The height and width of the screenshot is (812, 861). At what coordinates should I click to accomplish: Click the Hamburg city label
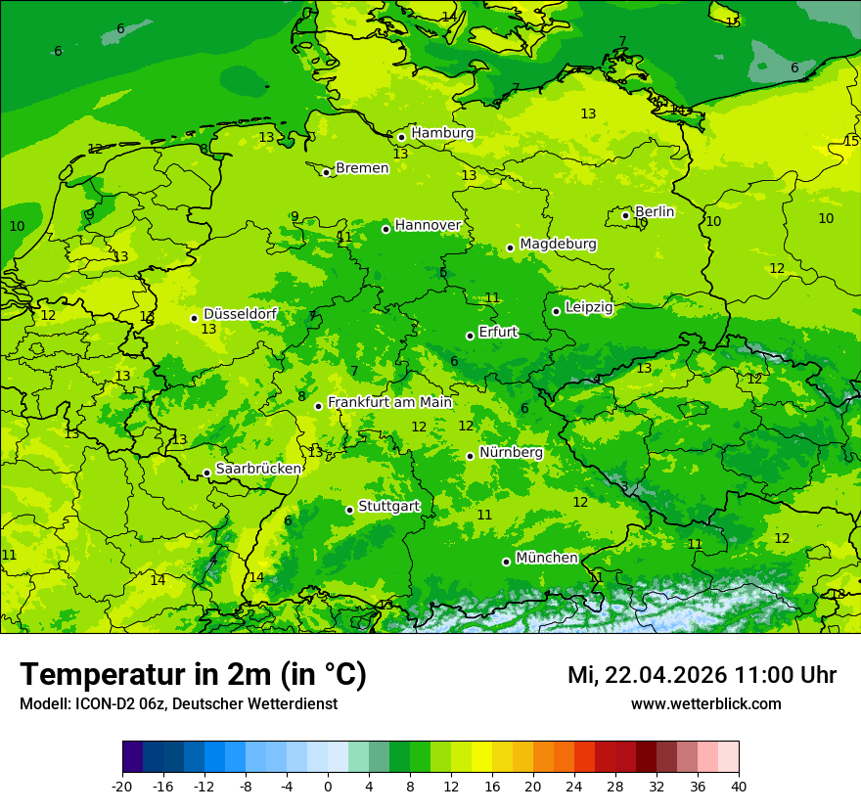coord(442,133)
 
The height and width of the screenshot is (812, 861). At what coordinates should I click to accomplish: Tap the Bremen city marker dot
coord(327,172)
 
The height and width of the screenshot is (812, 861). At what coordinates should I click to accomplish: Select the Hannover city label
coord(428,225)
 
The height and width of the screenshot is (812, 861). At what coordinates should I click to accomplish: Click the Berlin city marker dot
coord(626,215)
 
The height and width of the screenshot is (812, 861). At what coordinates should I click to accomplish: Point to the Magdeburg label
coord(558,244)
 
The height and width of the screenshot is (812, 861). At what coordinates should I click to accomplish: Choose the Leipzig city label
coord(589,307)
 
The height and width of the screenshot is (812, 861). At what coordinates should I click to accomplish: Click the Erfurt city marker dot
coord(471,336)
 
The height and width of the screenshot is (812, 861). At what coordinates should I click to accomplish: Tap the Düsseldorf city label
coord(240,314)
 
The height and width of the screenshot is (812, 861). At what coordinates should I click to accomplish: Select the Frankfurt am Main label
coord(389,402)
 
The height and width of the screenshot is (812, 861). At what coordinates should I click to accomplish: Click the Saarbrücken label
coord(258,469)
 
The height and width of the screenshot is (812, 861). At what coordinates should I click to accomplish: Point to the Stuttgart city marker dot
coord(349,510)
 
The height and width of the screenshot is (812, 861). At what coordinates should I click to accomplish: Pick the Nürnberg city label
coord(511,453)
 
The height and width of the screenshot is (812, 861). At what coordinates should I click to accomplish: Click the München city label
coord(546,558)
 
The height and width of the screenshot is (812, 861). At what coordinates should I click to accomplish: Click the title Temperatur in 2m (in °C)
coord(193,674)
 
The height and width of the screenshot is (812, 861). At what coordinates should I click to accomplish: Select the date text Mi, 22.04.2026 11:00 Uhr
coord(702,675)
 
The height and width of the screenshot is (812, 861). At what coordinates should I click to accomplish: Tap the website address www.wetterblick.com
coord(705,703)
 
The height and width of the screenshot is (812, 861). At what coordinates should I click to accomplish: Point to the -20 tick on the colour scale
coord(122,786)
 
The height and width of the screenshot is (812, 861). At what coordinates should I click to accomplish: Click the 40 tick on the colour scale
coord(739,786)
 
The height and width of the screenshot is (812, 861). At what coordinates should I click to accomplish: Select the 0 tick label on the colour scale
coord(328,786)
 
